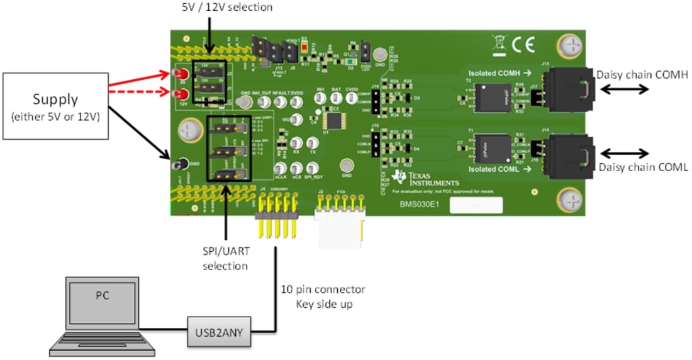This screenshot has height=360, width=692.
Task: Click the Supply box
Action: click(55, 106)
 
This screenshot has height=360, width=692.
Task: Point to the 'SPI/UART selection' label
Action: click(226, 258)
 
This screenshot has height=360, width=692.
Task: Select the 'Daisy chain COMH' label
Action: click(642, 74)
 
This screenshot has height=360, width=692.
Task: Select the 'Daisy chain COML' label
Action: click(642, 167)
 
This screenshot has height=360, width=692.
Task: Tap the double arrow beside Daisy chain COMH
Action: click(625, 89)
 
